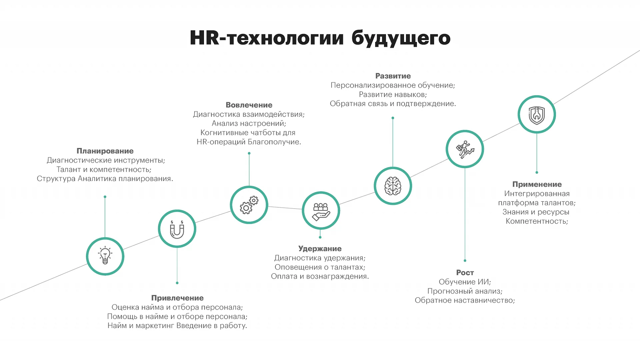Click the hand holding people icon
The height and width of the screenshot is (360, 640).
coord(321,211)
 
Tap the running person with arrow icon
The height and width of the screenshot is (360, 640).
coord(465,149)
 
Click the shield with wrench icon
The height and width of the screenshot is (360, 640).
coord(537,115)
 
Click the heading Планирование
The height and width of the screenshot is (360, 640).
coord(105,151)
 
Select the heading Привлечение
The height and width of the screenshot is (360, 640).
coord(177,298)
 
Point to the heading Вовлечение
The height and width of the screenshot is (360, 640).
coord(249,105)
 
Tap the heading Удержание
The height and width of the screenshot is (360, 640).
coord(320,249)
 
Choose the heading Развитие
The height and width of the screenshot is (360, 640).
coord(393,76)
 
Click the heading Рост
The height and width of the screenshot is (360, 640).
coord(465,273)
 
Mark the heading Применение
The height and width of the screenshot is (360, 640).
coord(537,184)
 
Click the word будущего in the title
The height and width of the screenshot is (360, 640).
coord(401,38)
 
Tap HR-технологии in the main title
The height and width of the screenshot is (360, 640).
coord(267,38)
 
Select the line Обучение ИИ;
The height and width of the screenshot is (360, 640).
coord(465,282)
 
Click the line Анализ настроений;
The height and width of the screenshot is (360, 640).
coord(249,123)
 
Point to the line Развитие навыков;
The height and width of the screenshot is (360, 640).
coord(393,95)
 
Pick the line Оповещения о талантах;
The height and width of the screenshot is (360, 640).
coord(320,267)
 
